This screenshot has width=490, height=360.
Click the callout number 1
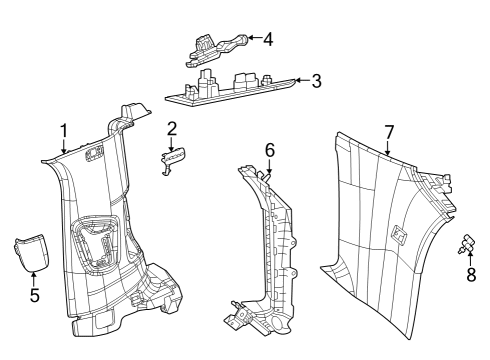coord(64,130)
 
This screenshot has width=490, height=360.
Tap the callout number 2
coord(171,128)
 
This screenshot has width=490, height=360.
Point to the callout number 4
coord(267,39)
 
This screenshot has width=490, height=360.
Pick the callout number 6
coord(268,149)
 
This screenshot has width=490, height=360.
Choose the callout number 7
coord(389,131)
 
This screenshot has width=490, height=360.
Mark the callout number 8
coord(470,273)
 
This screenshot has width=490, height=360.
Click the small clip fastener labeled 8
coord(467,243)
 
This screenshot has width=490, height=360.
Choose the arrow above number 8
coord(470,258)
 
